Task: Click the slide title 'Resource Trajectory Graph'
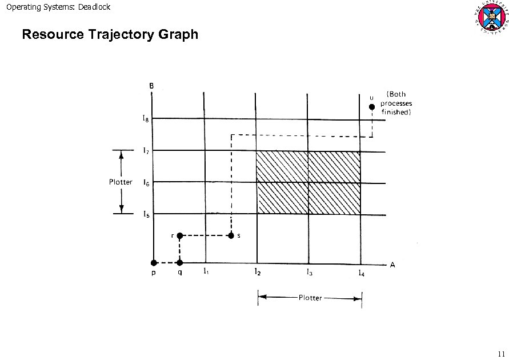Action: pyautogui.click(x=110, y=35)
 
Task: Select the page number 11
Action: pyautogui.click(x=501, y=353)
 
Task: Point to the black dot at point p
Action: pyautogui.click(x=153, y=263)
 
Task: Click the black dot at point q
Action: pyautogui.click(x=179, y=263)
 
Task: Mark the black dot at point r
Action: pyautogui.click(x=179, y=235)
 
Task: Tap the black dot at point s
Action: pyautogui.click(x=231, y=235)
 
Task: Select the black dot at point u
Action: pyautogui.click(x=371, y=106)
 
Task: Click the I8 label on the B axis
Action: pyautogui.click(x=146, y=119)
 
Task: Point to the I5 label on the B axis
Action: pyautogui.click(x=146, y=215)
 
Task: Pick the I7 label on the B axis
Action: pyautogui.click(x=146, y=151)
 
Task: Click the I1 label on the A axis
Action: pyautogui.click(x=206, y=272)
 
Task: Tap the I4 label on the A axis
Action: pyautogui.click(x=361, y=273)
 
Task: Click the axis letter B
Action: pyautogui.click(x=151, y=86)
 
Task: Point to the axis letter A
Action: pyautogui.click(x=392, y=265)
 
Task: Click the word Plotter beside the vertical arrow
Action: pyautogui.click(x=121, y=182)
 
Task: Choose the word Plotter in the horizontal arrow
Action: pyautogui.click(x=310, y=298)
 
